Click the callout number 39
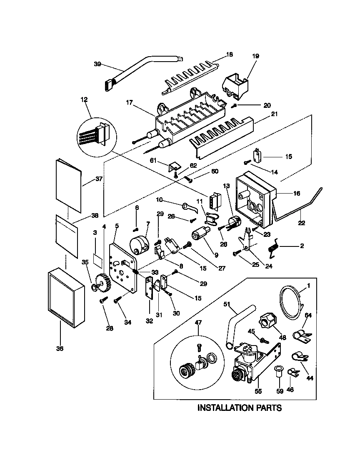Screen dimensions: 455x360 tap(97, 64)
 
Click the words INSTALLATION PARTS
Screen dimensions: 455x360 tap(239, 408)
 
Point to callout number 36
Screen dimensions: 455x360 tap(60, 348)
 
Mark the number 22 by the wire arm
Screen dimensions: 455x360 tap(301, 223)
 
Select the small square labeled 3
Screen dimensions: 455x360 tap(97, 260)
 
